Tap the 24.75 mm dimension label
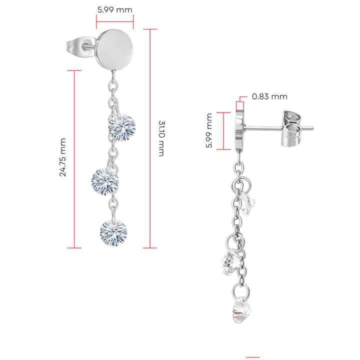(x=63, y=157)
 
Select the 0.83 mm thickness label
(x=269, y=96)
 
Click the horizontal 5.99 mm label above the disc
(x=115, y=9)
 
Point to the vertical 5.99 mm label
(x=209, y=130)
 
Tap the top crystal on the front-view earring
(x=122, y=127)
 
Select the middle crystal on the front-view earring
(x=105, y=182)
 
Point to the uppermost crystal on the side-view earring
(x=248, y=204)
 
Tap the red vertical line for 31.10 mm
(x=150, y=138)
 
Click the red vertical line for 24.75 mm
(x=74, y=159)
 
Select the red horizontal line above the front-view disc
(x=115, y=21)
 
